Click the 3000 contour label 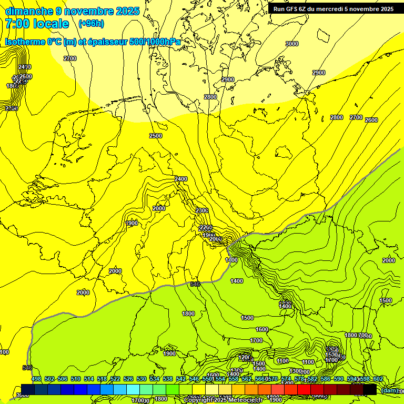(291, 44)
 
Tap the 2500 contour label (156, 136)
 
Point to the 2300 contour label (201, 210)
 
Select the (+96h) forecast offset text (91, 23)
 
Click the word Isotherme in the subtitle (25, 42)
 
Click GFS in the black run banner (292, 9)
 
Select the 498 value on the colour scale (36, 379)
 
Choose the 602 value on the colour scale (378, 379)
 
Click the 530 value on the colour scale (142, 379)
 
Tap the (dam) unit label (389, 390)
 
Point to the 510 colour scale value (76, 379)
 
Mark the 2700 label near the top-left (69, 58)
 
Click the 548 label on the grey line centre (195, 284)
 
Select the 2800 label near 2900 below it (210, 97)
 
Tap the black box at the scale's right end (370, 389)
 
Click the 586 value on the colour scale (326, 379)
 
